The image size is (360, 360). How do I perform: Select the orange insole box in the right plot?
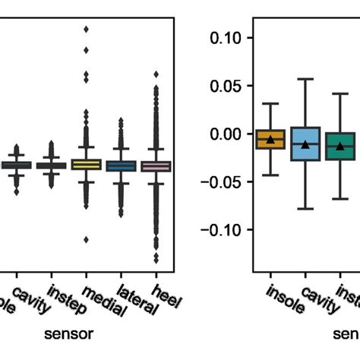(x=270, y=139)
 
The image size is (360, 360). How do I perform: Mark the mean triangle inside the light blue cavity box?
(x=305, y=144)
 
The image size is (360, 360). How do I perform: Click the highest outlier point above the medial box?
(x=86, y=29)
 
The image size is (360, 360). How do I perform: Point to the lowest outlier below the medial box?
(x=86, y=239)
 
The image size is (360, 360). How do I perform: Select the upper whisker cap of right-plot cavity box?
(x=305, y=79)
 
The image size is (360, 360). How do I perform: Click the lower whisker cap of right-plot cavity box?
(x=305, y=208)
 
